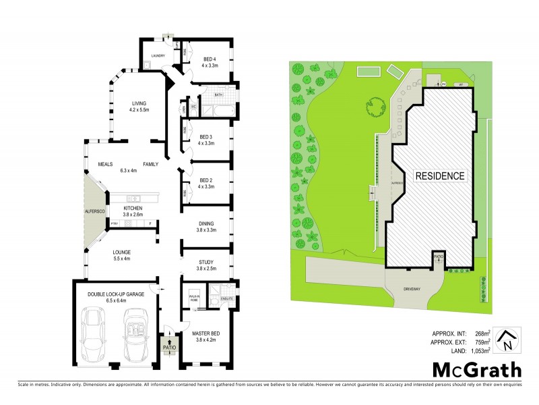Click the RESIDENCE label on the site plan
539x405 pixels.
[439, 175]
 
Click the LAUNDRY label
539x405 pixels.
[158, 56]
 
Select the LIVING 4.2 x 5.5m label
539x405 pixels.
[139, 105]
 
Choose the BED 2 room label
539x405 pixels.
[207, 183]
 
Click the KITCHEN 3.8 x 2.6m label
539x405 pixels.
[132, 211]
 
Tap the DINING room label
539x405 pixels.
[206, 227]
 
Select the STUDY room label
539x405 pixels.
[206, 265]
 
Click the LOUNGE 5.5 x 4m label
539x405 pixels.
[125, 254]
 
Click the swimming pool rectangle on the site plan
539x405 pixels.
[368, 71]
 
